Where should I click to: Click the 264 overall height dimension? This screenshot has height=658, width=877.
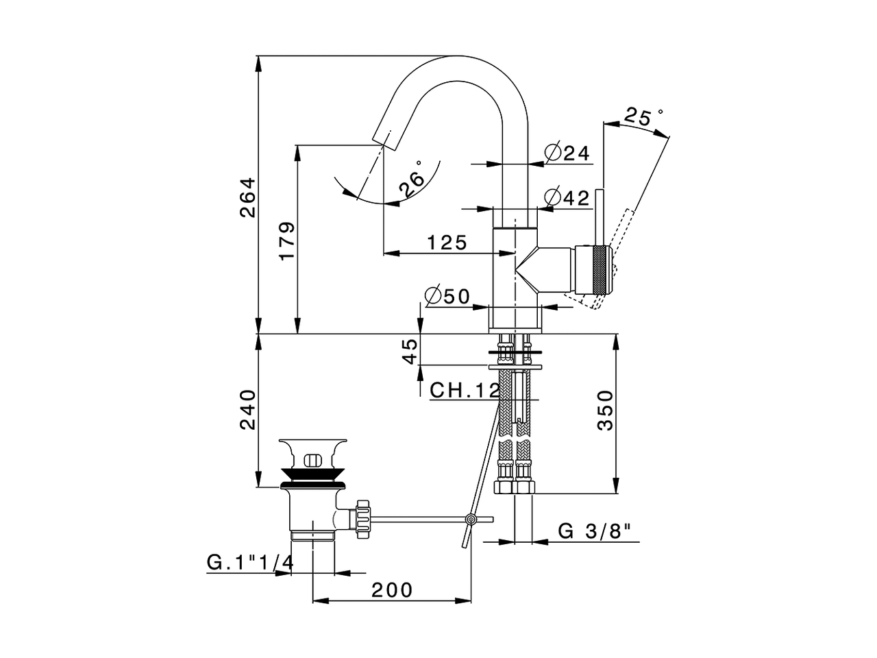pyautogui.click(x=247, y=197)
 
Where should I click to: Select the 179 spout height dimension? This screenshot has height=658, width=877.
pyautogui.click(x=287, y=240)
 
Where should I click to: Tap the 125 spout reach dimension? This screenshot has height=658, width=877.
pyautogui.click(x=447, y=243)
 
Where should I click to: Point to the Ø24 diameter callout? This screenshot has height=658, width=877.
pyautogui.click(x=568, y=153)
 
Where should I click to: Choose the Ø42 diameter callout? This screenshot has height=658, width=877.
pyautogui.click(x=568, y=198)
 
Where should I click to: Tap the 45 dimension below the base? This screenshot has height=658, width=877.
pyautogui.click(x=410, y=352)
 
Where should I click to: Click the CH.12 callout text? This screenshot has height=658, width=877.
pyautogui.click(x=465, y=391)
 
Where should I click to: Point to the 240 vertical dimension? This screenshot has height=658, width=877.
pyautogui.click(x=247, y=409)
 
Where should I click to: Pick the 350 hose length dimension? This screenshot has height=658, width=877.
pyautogui.click(x=604, y=411)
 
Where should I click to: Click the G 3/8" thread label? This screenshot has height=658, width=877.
pyautogui.click(x=594, y=531)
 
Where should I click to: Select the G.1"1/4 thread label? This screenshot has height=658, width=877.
pyautogui.click(x=250, y=563)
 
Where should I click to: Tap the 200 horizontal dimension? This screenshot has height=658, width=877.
pyautogui.click(x=393, y=589)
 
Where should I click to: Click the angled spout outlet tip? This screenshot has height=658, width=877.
pyautogui.click(x=385, y=138)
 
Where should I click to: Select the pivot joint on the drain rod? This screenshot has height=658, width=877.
pyautogui.click(x=471, y=520)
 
